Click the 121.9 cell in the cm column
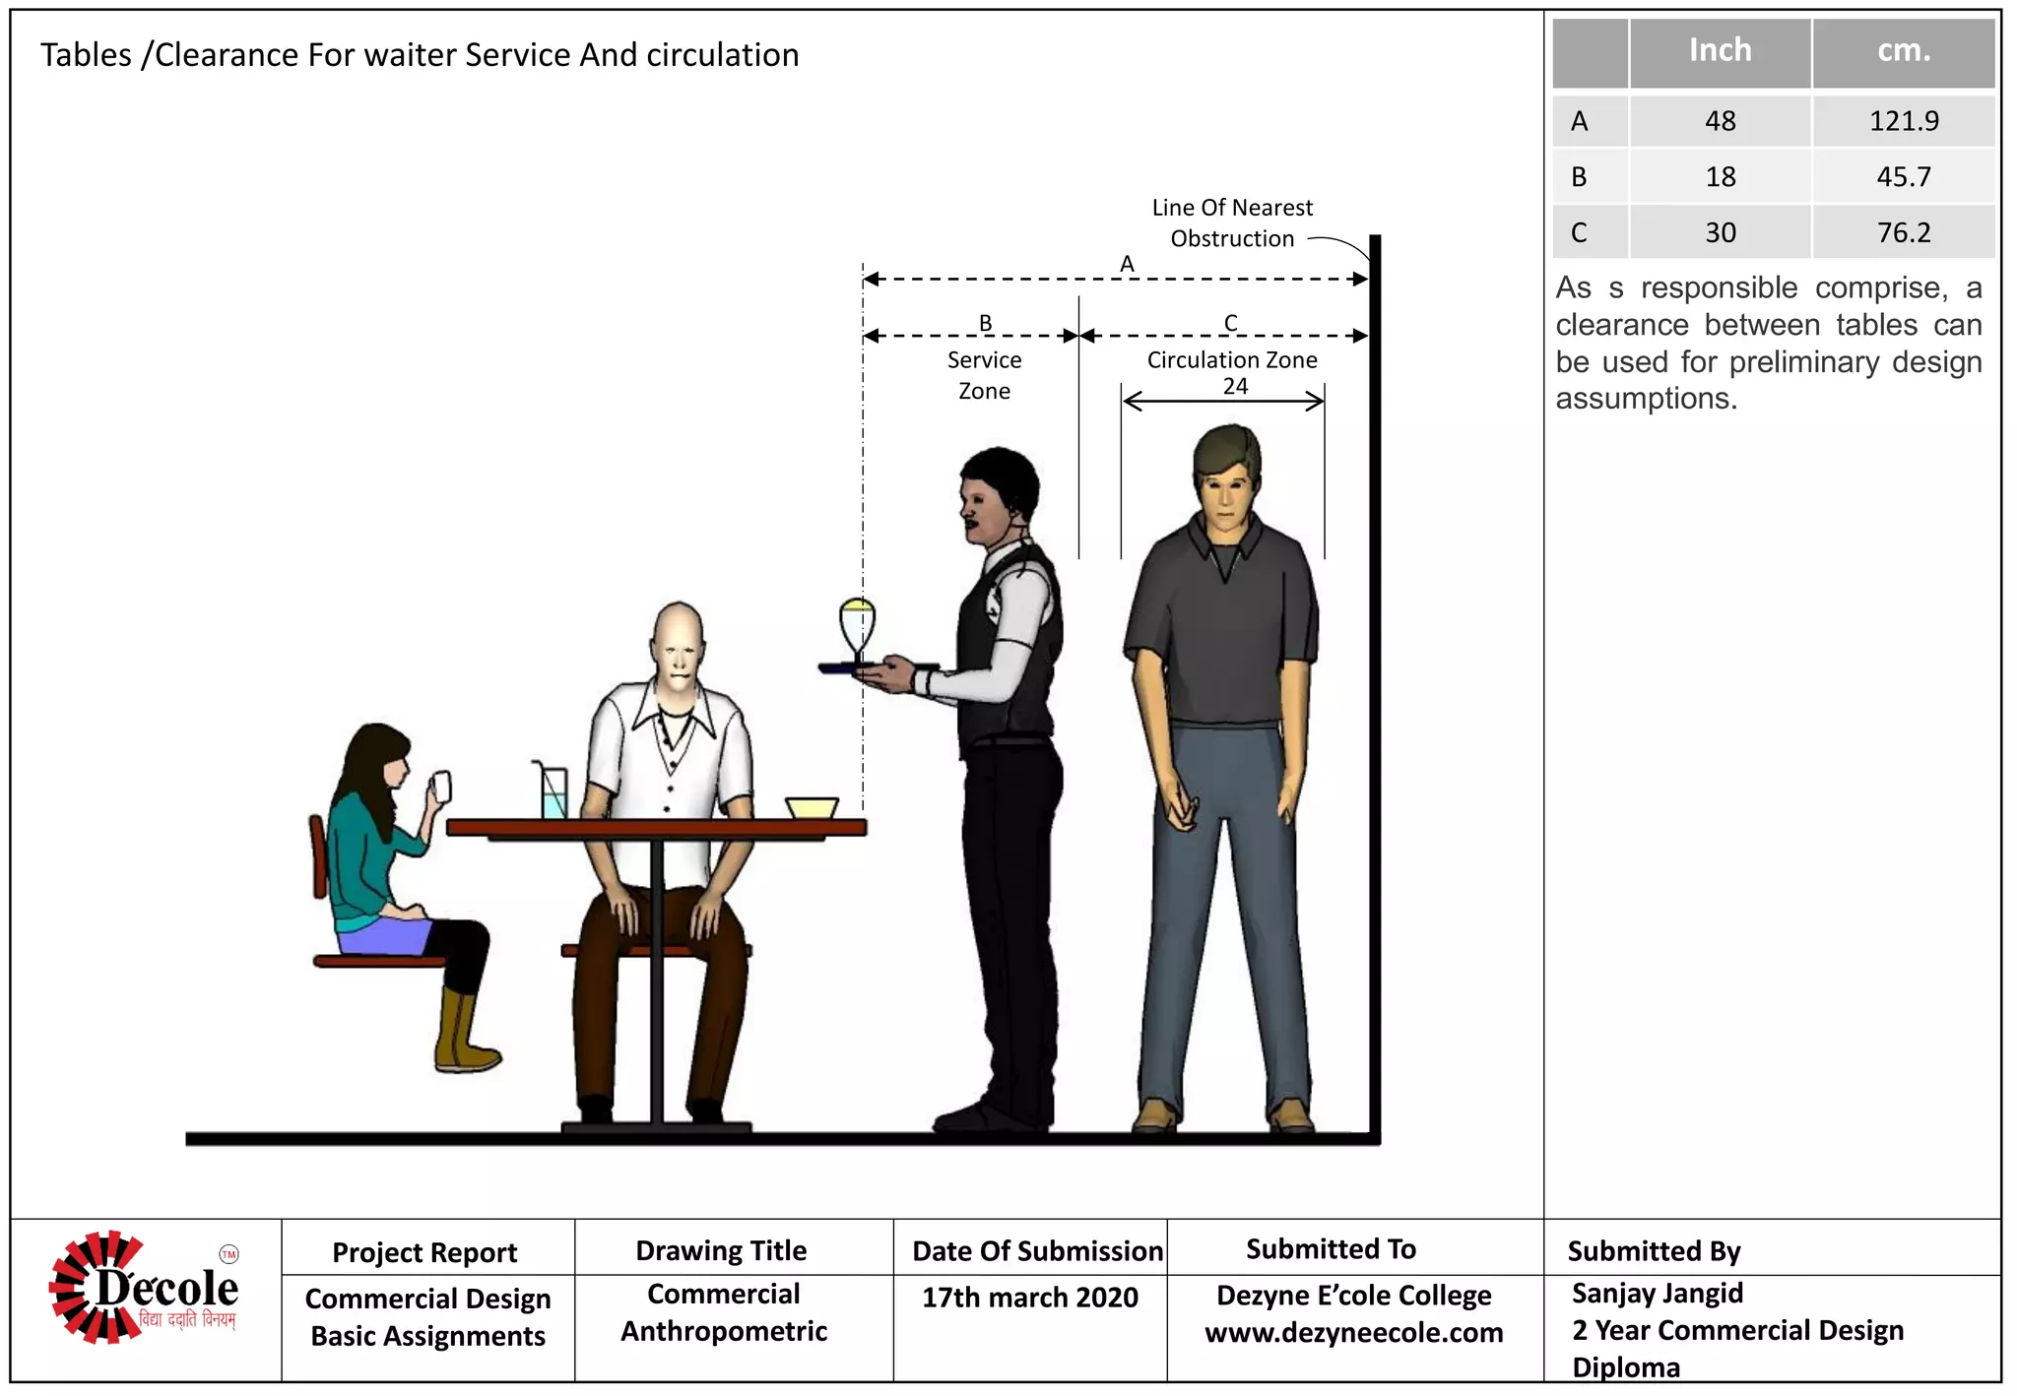(x=1903, y=121)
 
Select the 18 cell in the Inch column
(x=1720, y=177)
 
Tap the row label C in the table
(x=1579, y=233)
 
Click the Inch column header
(x=1720, y=50)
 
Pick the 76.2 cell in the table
(x=1903, y=233)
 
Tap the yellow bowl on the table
(x=812, y=807)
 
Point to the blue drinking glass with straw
(x=553, y=793)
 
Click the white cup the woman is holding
(x=442, y=786)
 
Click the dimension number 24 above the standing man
(x=1235, y=386)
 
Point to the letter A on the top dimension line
(x=1127, y=264)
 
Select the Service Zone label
(x=984, y=375)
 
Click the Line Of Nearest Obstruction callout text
(x=1231, y=223)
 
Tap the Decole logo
(x=145, y=1288)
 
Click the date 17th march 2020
(x=1029, y=1298)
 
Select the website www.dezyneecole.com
(x=1353, y=1333)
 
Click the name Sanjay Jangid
(x=1657, y=1293)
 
